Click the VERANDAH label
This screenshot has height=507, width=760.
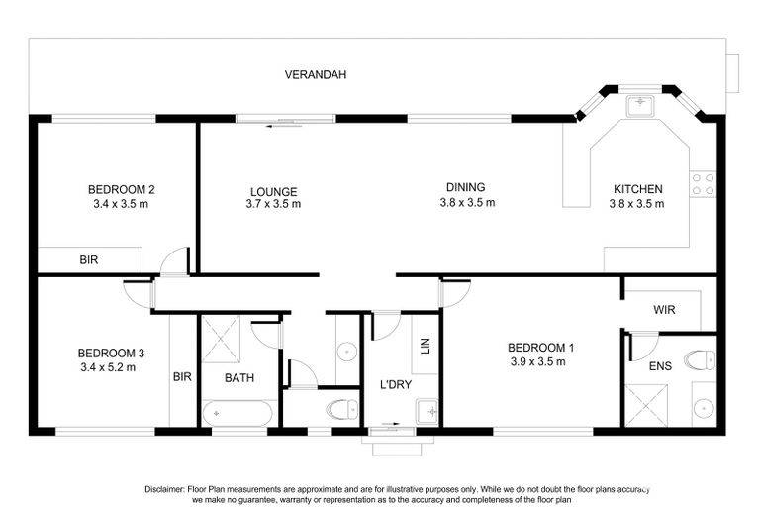(315, 74)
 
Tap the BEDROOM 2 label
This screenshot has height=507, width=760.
(121, 189)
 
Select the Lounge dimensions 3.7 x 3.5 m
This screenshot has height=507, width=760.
(273, 204)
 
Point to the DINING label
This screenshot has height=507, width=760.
(465, 187)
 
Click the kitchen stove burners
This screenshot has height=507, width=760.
(703, 185)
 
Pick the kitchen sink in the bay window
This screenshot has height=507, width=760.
(640, 106)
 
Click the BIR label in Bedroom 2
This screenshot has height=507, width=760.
(89, 260)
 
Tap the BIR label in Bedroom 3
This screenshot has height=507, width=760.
(182, 376)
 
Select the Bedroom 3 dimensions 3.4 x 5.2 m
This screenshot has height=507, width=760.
(108, 367)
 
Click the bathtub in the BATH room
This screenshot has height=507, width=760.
(237, 413)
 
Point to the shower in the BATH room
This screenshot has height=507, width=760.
(221, 339)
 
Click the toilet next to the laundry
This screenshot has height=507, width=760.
(342, 410)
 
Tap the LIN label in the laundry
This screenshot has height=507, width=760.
(426, 346)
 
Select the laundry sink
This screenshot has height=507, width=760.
(427, 411)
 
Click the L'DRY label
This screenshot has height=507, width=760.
(396, 385)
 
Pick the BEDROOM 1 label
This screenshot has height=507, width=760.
(541, 348)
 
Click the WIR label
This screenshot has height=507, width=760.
(664, 310)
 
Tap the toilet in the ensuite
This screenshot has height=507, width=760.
(700, 360)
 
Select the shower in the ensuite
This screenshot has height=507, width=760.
(646, 406)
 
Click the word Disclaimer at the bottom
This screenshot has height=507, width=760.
(165, 489)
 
